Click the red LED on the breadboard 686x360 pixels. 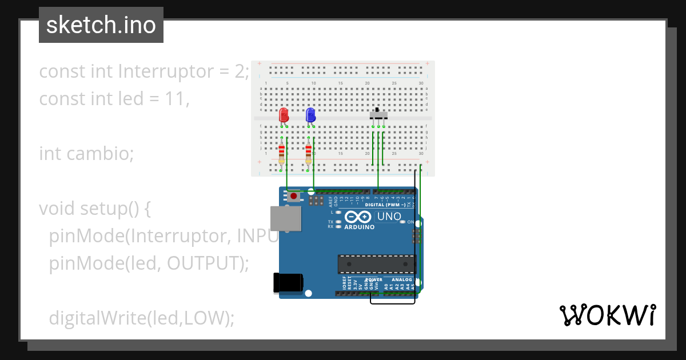284,115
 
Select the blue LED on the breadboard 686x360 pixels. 310,115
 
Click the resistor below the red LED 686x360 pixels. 281,153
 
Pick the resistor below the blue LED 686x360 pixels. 309,153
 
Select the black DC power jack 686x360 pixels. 288,283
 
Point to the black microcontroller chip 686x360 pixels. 377,264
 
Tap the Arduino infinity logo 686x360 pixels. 359,217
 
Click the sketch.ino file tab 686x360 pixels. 101,25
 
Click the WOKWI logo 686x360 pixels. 607,315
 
